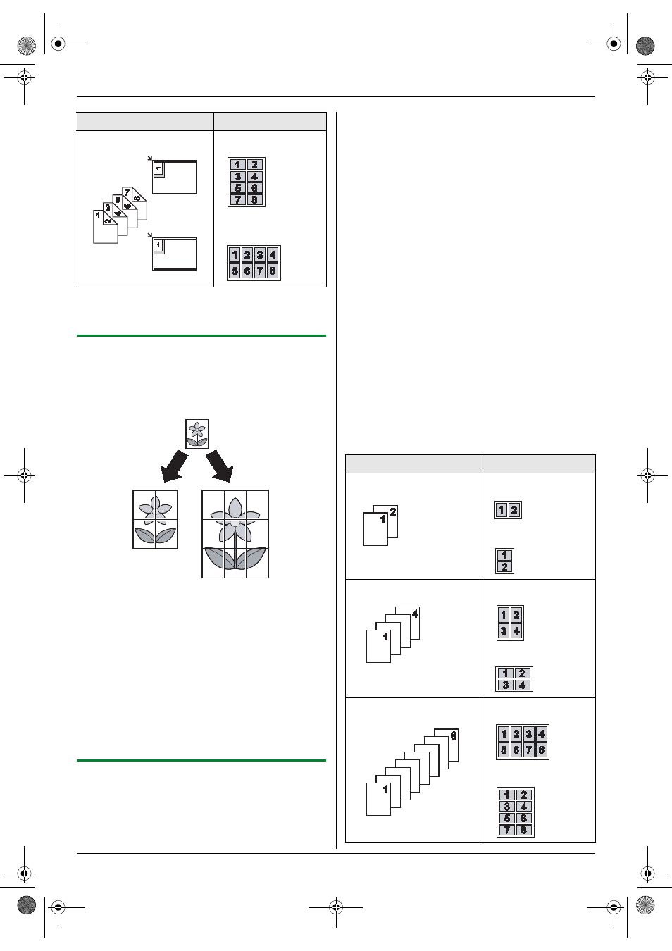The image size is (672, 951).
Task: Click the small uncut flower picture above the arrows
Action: point(197,434)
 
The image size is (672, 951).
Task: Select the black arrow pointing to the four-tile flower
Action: point(174,466)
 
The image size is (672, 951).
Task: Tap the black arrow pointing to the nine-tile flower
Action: point(220,466)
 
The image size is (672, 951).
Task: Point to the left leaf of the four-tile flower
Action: point(144,535)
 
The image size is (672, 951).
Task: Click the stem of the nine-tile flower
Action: point(235,552)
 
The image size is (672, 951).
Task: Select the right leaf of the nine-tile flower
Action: point(251,559)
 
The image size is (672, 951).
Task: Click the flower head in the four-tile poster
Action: point(156,511)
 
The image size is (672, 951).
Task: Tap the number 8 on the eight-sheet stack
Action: point(454,735)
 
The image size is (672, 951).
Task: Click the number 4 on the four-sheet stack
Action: point(415,614)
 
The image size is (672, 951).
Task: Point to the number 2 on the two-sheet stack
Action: point(393,512)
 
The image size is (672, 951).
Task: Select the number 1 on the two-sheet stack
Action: point(382,519)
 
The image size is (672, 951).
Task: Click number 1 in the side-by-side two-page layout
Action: point(502,510)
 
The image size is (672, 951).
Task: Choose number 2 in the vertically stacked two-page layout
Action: point(504,567)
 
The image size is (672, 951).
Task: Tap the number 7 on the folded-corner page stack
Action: point(127,193)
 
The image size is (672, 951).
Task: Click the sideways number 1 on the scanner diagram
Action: point(158,168)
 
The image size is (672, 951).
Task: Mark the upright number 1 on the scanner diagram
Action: point(158,245)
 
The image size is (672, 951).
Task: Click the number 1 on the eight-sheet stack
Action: point(385,790)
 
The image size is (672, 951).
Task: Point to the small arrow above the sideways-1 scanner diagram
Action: point(150,158)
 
